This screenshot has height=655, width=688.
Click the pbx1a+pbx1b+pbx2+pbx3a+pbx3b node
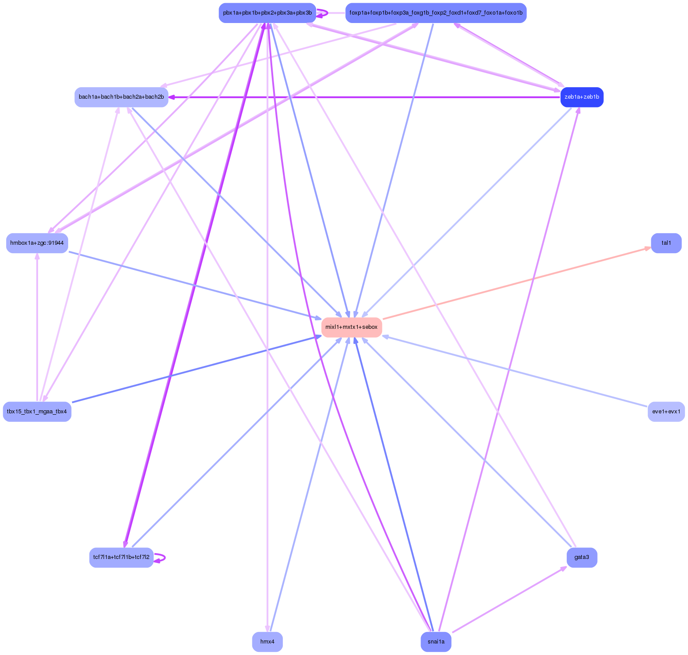click(267, 13)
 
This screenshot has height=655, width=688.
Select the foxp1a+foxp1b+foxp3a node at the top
click(436, 13)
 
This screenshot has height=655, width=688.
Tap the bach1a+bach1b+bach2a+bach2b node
click(121, 97)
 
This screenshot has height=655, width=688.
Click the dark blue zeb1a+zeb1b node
click(582, 97)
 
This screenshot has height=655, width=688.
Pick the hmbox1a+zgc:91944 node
click(37, 243)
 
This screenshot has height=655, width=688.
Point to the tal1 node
click(666, 243)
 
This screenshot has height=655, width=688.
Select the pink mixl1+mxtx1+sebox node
click(352, 327)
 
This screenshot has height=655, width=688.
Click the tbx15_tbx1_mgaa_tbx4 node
click(37, 412)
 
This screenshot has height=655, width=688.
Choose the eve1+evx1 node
click(666, 412)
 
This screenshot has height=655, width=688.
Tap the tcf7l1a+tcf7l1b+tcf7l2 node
click(121, 557)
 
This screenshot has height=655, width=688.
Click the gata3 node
click(582, 557)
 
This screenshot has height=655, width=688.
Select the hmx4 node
click(267, 641)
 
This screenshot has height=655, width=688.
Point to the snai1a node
click(436, 641)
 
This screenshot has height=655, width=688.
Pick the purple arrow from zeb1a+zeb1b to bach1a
click(363, 97)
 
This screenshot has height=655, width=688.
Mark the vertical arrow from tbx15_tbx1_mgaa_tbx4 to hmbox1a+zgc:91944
click(37, 327)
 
